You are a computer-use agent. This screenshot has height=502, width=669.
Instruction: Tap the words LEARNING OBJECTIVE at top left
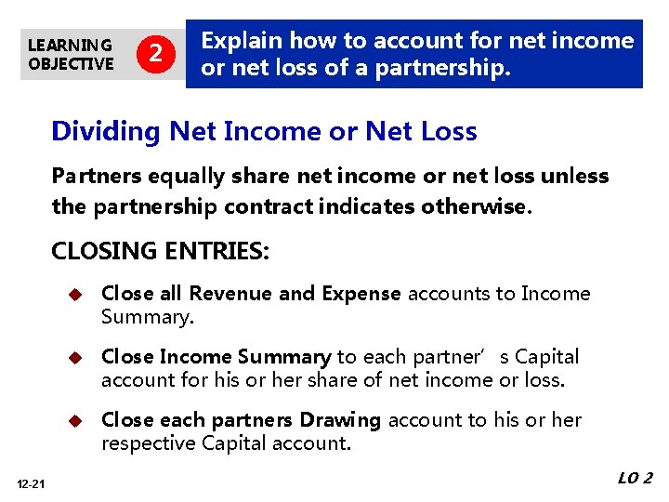click(x=71, y=54)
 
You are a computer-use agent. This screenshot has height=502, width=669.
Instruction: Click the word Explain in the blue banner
click(x=243, y=41)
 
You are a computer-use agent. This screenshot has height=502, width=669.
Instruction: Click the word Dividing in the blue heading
click(x=106, y=132)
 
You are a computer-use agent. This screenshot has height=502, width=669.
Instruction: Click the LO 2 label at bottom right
click(x=635, y=478)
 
